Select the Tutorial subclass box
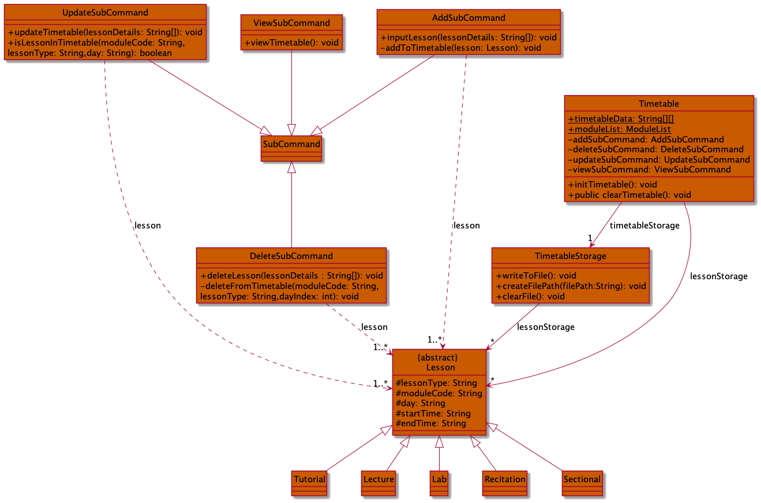309,483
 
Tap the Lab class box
439,483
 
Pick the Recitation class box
505,483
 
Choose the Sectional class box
582,483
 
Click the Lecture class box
378,483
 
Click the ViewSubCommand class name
291,23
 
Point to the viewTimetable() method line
291,43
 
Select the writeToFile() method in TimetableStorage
536,276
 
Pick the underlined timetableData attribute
621,119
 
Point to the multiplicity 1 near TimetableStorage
590,238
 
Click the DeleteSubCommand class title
291,256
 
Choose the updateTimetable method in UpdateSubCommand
105,32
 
